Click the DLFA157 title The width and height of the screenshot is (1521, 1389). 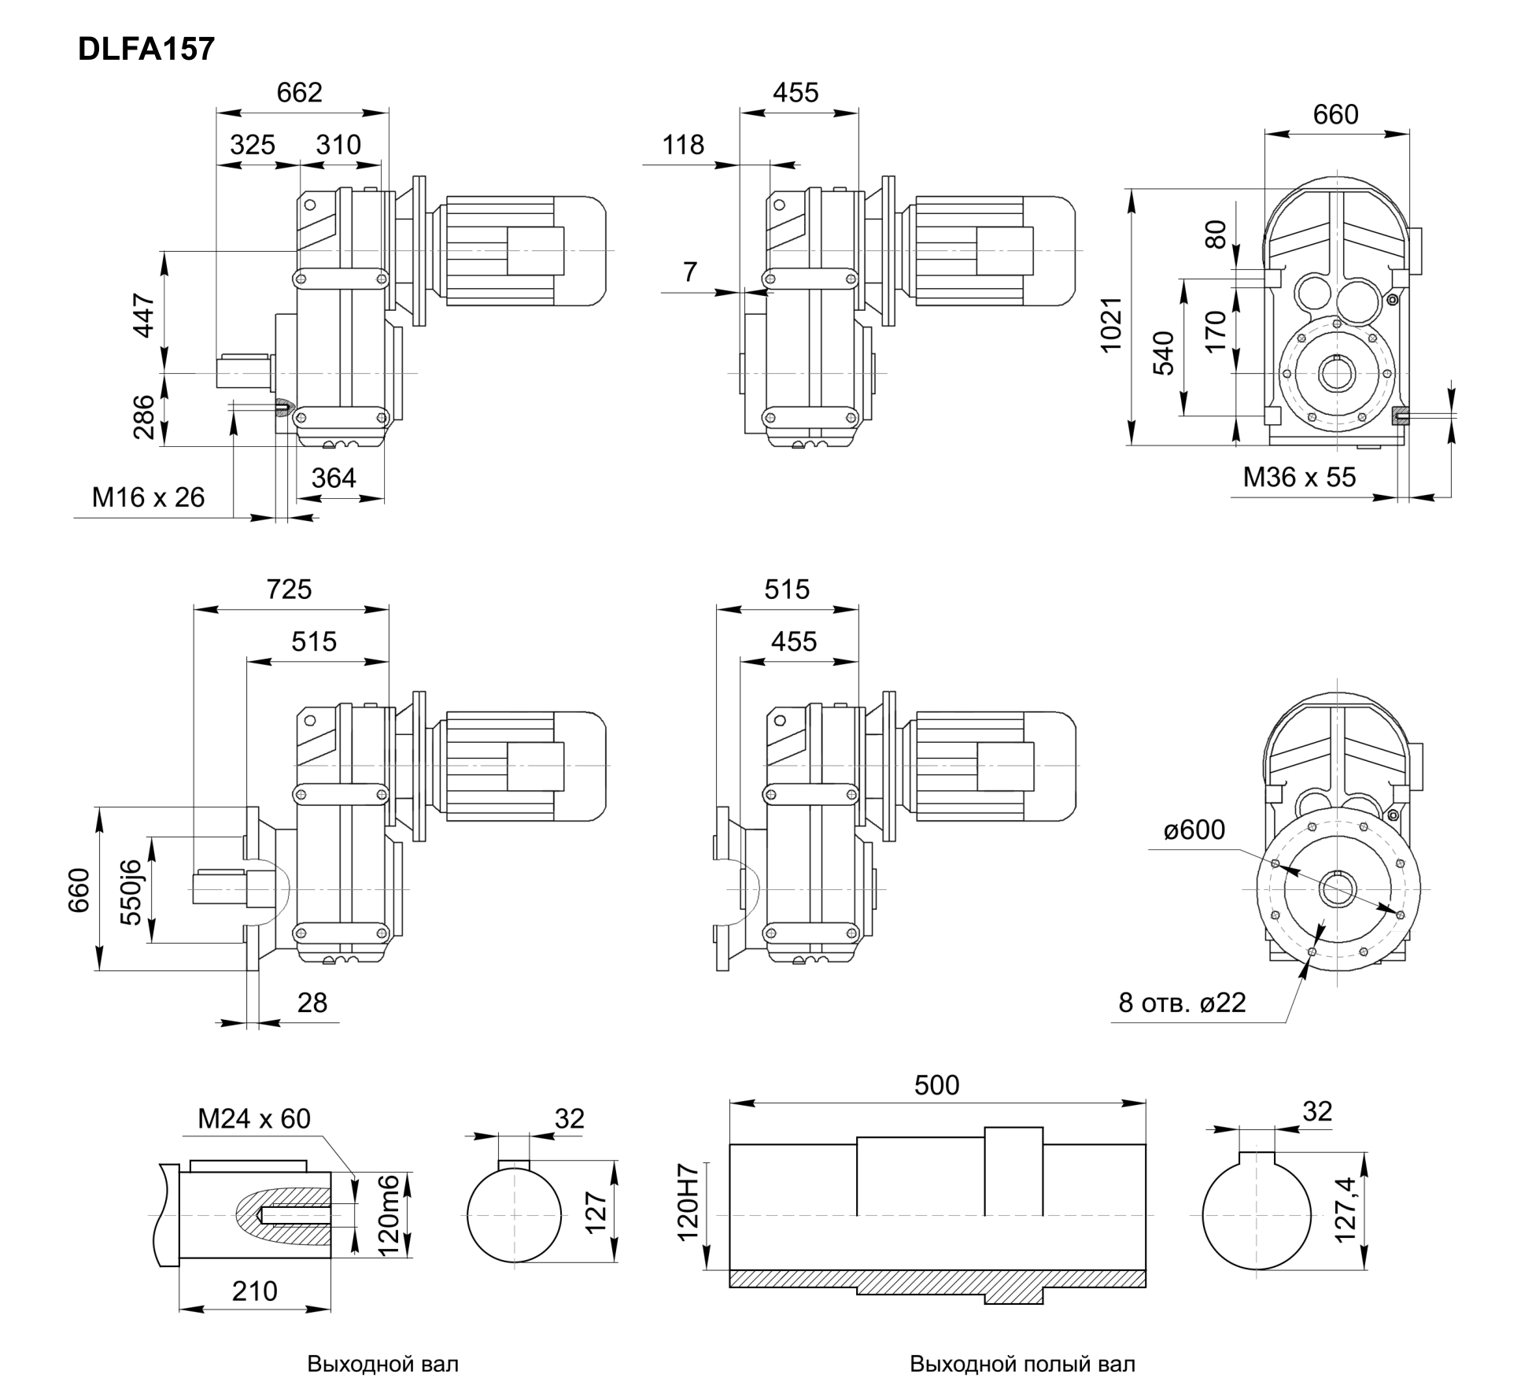[146, 50]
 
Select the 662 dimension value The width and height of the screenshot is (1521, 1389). [299, 93]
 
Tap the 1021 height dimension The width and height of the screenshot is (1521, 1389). [1110, 324]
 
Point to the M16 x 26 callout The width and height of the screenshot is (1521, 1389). [148, 497]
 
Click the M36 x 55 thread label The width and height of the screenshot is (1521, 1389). [1299, 477]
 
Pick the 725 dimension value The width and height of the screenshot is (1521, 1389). [289, 589]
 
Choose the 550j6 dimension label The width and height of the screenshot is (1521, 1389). [131, 891]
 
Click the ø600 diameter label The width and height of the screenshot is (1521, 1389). [1194, 829]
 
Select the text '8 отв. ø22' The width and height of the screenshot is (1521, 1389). [1182, 1002]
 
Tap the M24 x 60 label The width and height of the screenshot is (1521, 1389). [253, 1118]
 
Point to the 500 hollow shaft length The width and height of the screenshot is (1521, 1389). [936, 1085]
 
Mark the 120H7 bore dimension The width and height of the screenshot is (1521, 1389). [688, 1213]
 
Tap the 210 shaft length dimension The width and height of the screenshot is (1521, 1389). [254, 1291]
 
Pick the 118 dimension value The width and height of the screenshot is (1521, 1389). [683, 145]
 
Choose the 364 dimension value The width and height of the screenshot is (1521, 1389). [334, 478]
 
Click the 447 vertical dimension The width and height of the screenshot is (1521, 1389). [143, 315]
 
